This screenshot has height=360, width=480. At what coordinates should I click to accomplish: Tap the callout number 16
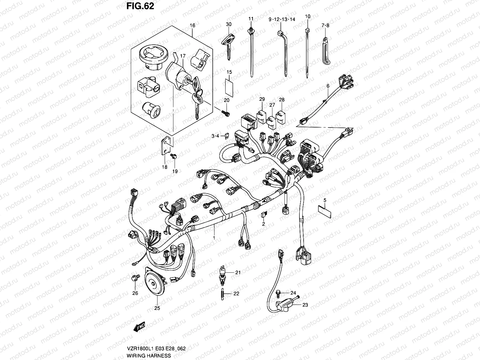[x=192, y=26]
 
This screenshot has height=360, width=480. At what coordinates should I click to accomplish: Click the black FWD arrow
[x=139, y=335]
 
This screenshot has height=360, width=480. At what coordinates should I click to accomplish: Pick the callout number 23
[x=305, y=305]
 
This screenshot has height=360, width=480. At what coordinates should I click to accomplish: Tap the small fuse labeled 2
[x=263, y=214]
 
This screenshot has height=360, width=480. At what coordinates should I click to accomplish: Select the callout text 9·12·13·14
[x=282, y=19]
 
